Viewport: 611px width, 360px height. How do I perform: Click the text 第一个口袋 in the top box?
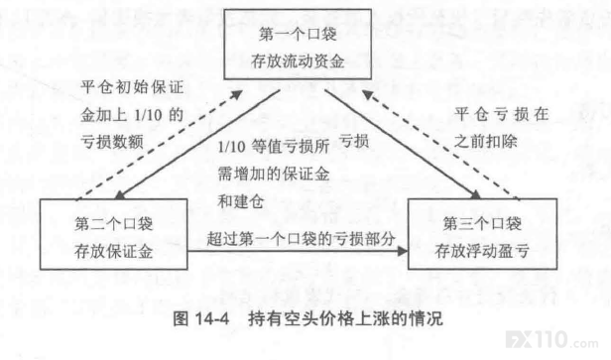click(x=298, y=35)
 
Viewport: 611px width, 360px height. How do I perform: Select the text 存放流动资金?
click(x=298, y=61)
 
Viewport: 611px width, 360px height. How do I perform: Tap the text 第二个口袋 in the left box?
click(x=113, y=224)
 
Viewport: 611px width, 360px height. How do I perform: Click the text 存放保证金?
click(x=113, y=251)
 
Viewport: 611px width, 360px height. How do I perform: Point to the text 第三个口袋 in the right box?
click(x=482, y=224)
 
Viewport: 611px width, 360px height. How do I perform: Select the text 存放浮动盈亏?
click(x=482, y=251)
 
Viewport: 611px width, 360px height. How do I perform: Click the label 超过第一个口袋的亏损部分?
click(x=301, y=238)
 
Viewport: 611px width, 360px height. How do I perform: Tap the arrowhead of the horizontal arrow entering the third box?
click(x=402, y=251)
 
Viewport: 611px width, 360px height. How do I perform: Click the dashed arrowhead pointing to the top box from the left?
click(x=236, y=94)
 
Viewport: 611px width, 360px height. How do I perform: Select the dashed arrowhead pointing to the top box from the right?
click(x=368, y=94)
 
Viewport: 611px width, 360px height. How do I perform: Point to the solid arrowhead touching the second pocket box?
click(x=120, y=194)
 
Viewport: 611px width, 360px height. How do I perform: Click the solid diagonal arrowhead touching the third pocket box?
click(x=476, y=194)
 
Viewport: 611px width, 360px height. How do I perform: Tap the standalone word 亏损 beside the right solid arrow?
click(x=354, y=141)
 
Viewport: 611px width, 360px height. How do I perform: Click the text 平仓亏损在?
click(x=502, y=114)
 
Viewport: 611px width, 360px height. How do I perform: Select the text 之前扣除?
click(x=486, y=141)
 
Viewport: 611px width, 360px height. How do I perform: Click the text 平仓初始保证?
click(x=132, y=87)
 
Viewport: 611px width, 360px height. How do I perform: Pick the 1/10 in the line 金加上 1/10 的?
click(x=148, y=115)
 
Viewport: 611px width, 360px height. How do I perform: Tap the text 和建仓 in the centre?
click(x=241, y=201)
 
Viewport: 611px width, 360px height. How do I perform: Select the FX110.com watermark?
click(x=552, y=340)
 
